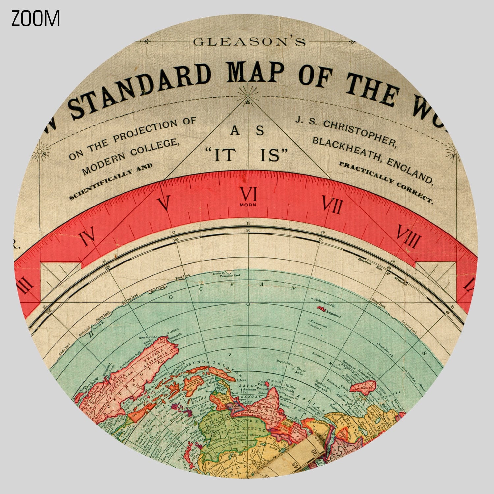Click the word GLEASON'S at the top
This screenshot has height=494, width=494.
[249, 42]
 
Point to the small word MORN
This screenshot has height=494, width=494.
[248, 205]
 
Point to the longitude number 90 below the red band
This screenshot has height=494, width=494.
[248, 230]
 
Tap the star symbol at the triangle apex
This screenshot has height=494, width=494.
[248, 96]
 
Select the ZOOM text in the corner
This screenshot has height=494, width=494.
[36, 18]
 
